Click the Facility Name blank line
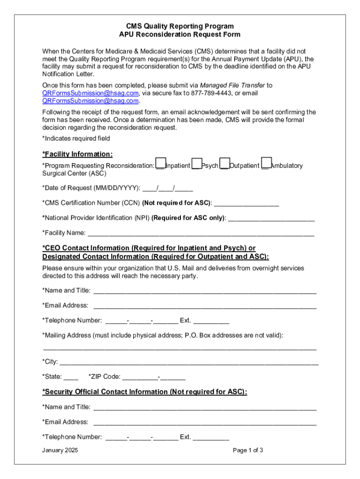pos(201,233)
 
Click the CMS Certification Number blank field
pos(246,203)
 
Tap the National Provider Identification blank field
pos(271,218)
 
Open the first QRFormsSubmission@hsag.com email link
pos(90,93)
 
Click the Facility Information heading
pos(78,154)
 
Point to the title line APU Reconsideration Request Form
pos(180,35)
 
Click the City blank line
pos(189,362)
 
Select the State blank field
pos(71,377)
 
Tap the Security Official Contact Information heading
pos(144,392)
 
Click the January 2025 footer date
pos(60,450)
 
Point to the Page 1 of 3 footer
pos(248,450)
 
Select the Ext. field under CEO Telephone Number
pos(211,320)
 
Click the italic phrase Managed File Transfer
pos(232,86)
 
